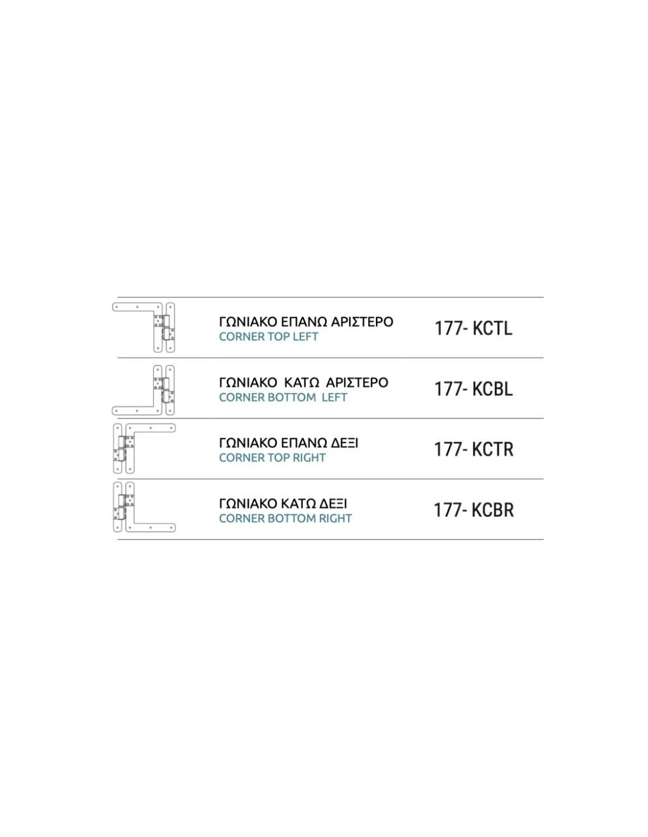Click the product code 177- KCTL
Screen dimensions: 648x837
pos(474,328)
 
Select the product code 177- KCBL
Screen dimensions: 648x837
pos(474,389)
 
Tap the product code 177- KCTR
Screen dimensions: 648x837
pos(474,450)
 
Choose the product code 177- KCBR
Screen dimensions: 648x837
pos(474,510)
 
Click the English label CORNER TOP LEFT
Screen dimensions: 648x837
pos(268,337)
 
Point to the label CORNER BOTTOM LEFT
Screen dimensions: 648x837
pos(283,397)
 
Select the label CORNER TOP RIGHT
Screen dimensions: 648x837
pos(272,457)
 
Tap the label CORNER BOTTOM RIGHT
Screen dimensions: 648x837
pos(285,519)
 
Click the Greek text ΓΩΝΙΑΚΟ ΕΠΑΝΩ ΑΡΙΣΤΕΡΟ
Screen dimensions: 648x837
pos(306,321)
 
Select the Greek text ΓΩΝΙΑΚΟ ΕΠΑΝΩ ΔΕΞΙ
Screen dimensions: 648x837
pos(288,443)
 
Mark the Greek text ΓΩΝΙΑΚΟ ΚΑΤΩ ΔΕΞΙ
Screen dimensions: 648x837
pos(283,504)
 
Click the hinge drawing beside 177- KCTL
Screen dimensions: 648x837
pos(143,327)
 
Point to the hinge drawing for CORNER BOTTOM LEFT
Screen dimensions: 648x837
pos(143,390)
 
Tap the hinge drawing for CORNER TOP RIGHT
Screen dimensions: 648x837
pos(144,449)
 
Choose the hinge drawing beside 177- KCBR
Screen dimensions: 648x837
pos(144,507)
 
